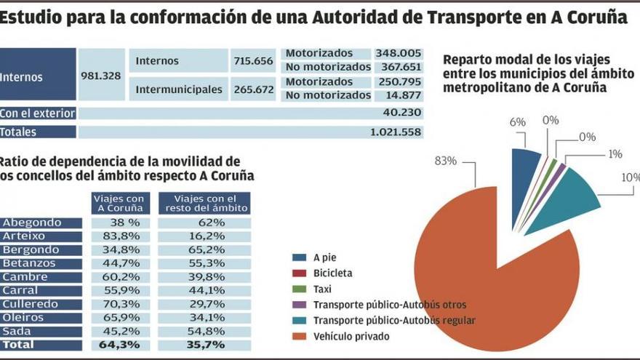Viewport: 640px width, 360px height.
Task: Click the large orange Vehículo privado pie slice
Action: (495, 276)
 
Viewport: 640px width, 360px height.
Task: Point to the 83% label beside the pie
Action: (444, 161)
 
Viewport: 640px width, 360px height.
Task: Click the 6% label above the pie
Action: (517, 123)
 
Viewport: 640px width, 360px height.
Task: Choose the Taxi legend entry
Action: (323, 289)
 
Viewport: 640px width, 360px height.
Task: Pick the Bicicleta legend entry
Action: (332, 273)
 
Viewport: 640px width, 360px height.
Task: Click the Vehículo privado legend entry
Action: (351, 336)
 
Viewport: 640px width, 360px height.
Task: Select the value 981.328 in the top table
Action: (100, 76)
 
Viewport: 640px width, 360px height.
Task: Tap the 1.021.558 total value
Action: (395, 132)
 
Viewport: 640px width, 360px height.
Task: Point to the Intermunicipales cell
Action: (179, 89)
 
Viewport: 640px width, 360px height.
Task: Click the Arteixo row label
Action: (23, 236)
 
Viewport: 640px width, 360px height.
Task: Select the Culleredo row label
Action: (28, 304)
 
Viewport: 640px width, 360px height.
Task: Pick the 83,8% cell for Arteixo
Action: (120, 236)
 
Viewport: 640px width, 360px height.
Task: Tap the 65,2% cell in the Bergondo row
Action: (204, 250)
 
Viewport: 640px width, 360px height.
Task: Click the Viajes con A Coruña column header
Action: (120, 204)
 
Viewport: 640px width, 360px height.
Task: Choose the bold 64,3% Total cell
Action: (120, 345)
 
